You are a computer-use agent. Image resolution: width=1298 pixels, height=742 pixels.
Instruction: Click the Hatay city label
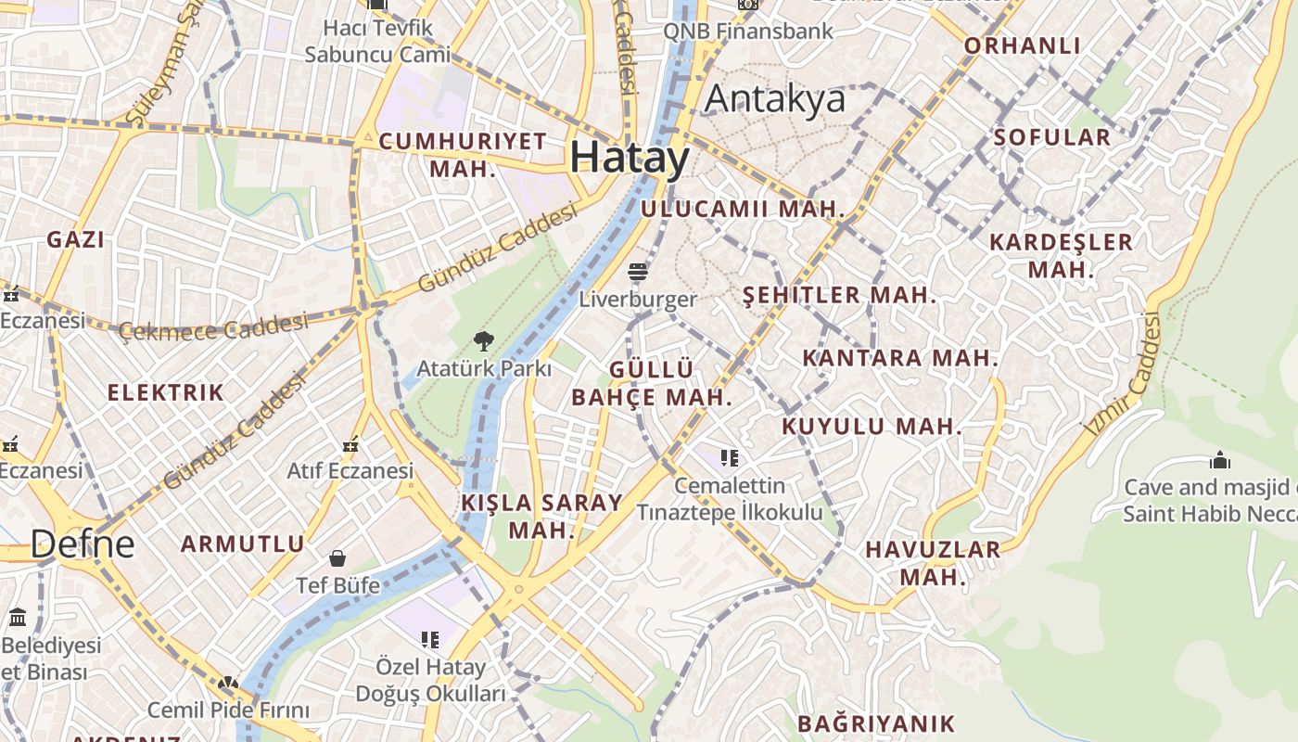coord(630,158)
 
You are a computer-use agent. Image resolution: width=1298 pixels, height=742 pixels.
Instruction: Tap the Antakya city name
coord(775,99)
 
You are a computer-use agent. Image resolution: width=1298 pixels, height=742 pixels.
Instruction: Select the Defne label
coord(83,544)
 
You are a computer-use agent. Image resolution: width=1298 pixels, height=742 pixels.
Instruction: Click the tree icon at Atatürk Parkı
coord(482,341)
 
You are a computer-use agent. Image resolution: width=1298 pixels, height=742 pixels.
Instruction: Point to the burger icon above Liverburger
coord(637,272)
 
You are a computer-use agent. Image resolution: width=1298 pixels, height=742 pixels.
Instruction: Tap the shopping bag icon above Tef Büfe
coord(337,558)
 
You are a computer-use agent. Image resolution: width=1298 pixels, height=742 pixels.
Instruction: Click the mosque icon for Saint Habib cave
coord(1220,460)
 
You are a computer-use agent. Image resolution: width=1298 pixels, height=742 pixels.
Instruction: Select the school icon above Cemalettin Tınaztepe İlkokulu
coord(730,457)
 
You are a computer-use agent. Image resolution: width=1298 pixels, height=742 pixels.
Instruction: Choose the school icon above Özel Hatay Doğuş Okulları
coord(429,639)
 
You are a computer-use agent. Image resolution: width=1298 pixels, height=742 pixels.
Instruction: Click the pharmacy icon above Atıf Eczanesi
coord(350,446)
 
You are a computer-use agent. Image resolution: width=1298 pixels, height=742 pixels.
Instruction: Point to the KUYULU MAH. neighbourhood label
coord(872,427)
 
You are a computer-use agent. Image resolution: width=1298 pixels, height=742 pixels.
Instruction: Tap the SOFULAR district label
coord(1051,137)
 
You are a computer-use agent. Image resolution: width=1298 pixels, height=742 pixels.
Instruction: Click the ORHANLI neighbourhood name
coord(1023,45)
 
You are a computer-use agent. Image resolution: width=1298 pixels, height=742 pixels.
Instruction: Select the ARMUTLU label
coord(242,544)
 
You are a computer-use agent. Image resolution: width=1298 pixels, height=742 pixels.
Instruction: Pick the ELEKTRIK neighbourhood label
coord(166,392)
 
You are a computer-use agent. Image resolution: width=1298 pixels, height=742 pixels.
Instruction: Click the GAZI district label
coord(76,239)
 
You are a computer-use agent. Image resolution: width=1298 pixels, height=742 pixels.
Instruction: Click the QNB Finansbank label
coord(748,31)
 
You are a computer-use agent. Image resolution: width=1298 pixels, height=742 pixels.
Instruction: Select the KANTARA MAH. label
coord(900,358)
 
